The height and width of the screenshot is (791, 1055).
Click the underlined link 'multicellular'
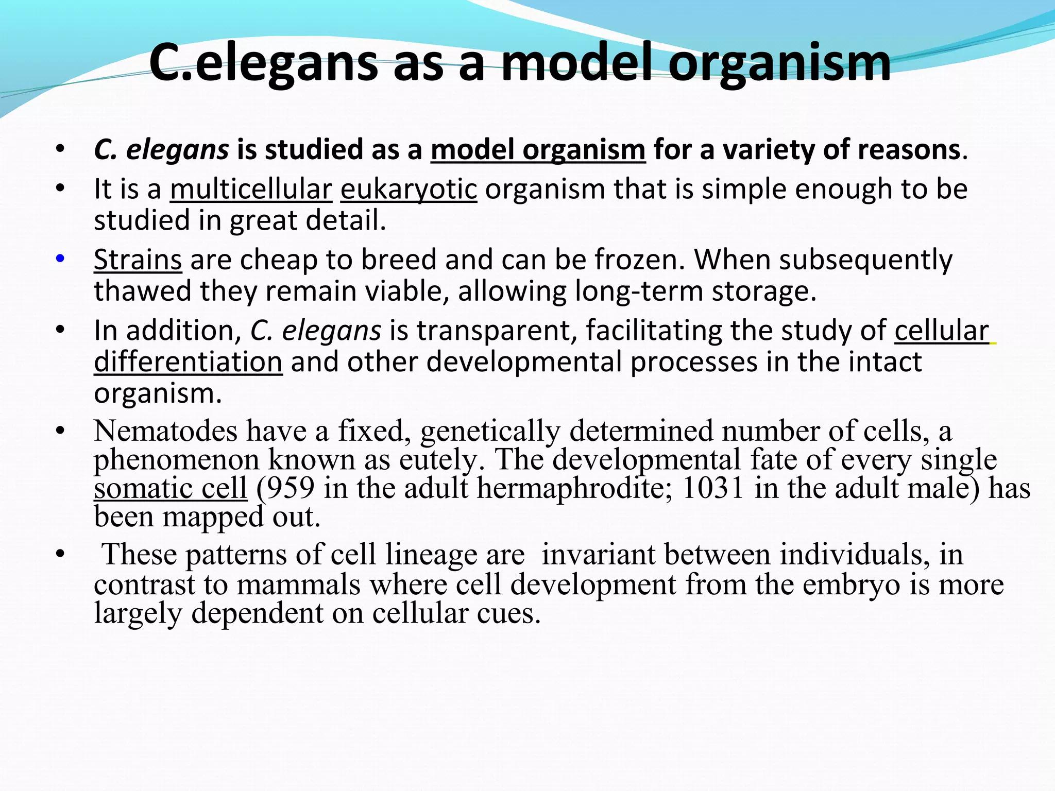(x=251, y=189)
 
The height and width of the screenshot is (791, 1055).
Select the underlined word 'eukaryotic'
(x=409, y=189)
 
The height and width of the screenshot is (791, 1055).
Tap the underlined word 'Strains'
(x=138, y=260)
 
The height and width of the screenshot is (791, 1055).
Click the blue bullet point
(x=60, y=259)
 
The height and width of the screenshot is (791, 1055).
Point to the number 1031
(x=713, y=488)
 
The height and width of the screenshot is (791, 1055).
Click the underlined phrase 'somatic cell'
(x=171, y=488)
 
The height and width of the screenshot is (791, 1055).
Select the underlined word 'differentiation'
(x=188, y=362)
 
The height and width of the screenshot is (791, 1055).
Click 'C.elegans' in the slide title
(x=263, y=63)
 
